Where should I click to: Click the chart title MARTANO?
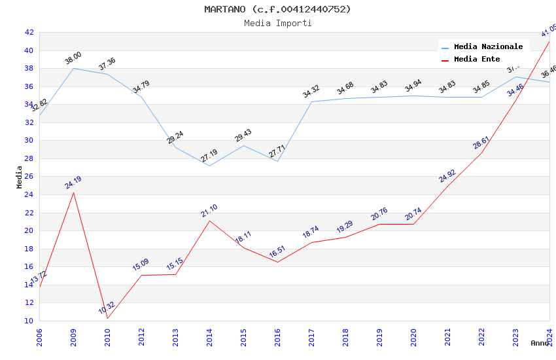pos(277,9)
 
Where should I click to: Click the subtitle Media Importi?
pos(277,23)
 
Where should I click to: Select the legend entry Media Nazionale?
pos(488,47)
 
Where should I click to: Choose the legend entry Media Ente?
pos(477,60)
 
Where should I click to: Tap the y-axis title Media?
pos(19,177)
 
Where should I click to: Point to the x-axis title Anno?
pos(540,343)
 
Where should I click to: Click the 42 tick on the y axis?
pos(29,32)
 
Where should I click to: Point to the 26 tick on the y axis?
pos(29,177)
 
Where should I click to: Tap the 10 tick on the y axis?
pos(29,321)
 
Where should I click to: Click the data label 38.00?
pos(73,58)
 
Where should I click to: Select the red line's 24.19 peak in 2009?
pos(73,192)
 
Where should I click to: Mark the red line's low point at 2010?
pos(107,318)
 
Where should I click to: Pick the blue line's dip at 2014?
pos(209,166)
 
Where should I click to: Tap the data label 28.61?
pos(481,143)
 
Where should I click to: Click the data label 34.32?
pos(311,92)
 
